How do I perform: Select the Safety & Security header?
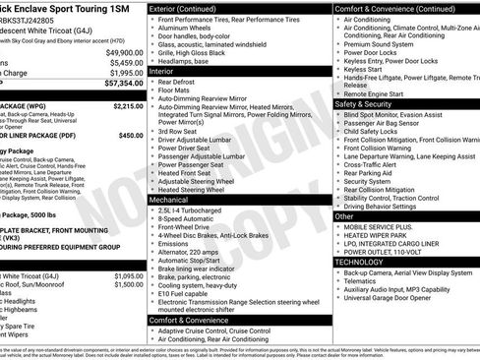pyautogui.click(x=369, y=103)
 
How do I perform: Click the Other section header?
pyautogui.click(x=345, y=215)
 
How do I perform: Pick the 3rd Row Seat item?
pyautogui.click(x=183, y=131)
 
